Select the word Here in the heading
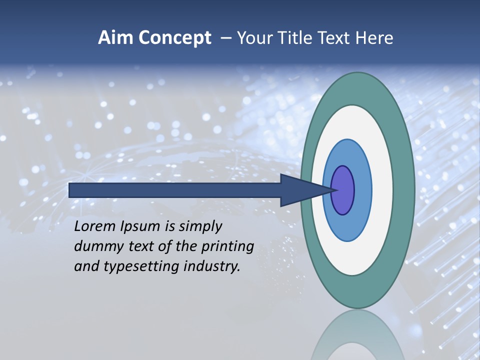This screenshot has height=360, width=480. click(374, 38)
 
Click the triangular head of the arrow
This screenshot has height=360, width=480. click(300, 190)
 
